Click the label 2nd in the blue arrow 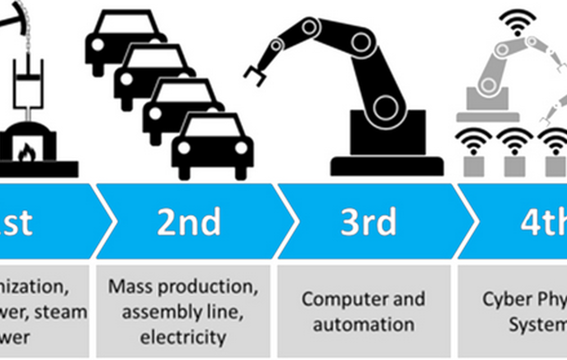[x=189, y=221]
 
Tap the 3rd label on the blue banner [x=368, y=221]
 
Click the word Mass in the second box [x=127, y=287]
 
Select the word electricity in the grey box [x=183, y=337]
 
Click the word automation [x=364, y=324]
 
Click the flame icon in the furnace [x=27, y=153]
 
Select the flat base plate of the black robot [x=387, y=166]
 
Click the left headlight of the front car [x=184, y=148]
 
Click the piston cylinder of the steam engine [x=28, y=83]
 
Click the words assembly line [x=183, y=312]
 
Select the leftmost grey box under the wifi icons [x=473, y=166]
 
